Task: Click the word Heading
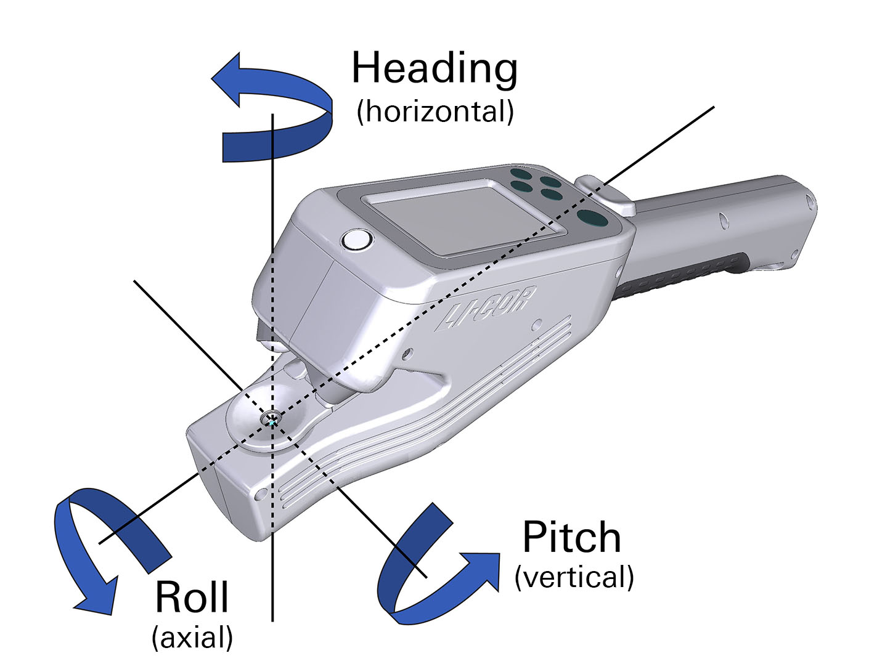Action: click(x=434, y=69)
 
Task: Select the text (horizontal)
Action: click(x=435, y=111)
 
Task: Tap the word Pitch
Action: click(x=571, y=538)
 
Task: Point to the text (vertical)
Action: click(x=574, y=577)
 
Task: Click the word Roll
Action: click(x=192, y=597)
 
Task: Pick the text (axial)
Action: click(x=192, y=638)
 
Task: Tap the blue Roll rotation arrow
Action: click(x=105, y=542)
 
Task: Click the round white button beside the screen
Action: click(x=357, y=240)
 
